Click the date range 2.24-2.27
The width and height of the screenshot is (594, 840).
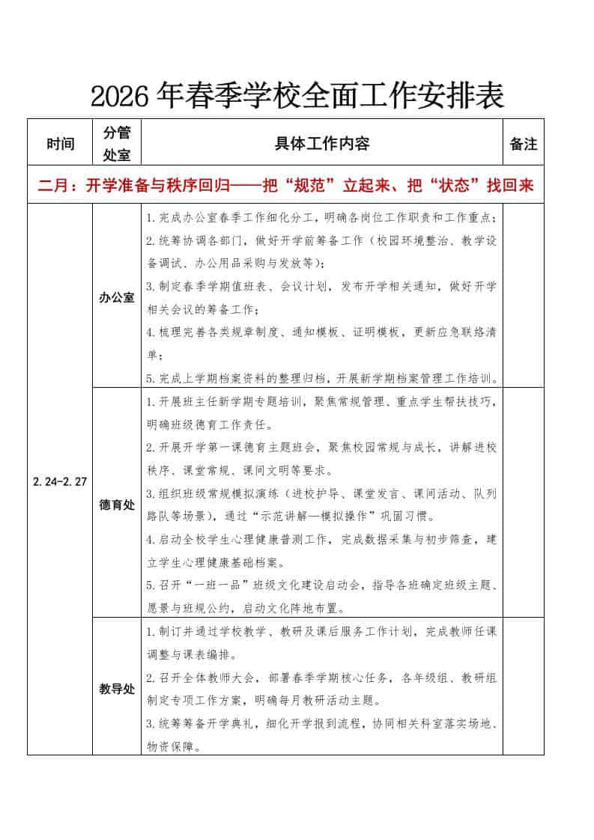[60, 481]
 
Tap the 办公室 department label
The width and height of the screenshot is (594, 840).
[116, 297]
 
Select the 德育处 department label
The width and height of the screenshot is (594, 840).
[116, 505]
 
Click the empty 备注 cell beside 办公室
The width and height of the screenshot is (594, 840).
[524, 297]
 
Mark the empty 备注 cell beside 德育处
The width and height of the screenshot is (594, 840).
[524, 503]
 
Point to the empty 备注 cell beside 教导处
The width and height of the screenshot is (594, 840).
[524, 687]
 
